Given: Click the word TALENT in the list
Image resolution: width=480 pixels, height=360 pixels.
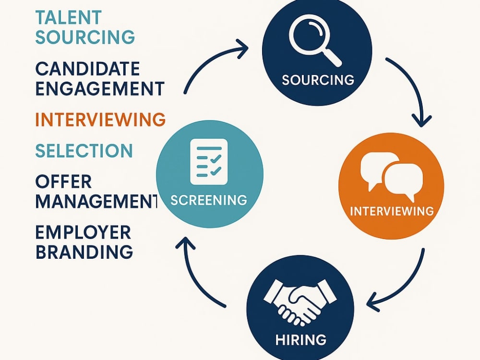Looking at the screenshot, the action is pos(68,17).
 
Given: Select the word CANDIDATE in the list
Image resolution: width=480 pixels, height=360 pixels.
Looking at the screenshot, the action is pos(87,69).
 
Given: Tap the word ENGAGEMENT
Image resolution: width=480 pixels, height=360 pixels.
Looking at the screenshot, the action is pos(100,88).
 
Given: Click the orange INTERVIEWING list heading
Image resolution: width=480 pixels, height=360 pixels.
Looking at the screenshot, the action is pos(100,119).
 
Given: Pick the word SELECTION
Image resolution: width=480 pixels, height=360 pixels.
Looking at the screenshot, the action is pos(84,151).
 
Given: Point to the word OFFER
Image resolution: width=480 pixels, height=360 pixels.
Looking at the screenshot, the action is pos(64,181).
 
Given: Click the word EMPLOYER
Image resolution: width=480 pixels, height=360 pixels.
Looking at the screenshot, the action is pos(83,232).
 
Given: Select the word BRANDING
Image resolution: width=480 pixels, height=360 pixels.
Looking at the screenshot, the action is pos(84,252).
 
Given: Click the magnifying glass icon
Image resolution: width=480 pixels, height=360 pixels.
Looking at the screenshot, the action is pos(315,40).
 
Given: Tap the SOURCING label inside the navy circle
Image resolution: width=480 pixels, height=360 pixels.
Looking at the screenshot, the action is pos(318,80).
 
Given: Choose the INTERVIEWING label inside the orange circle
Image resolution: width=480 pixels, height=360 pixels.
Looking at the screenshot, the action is pos(392,211).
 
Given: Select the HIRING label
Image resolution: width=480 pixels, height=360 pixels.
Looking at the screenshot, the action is pos(300,340).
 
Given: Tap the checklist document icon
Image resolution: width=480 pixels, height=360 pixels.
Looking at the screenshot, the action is pos(209,162).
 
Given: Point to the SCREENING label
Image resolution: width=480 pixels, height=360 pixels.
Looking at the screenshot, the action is pos(209,200).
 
